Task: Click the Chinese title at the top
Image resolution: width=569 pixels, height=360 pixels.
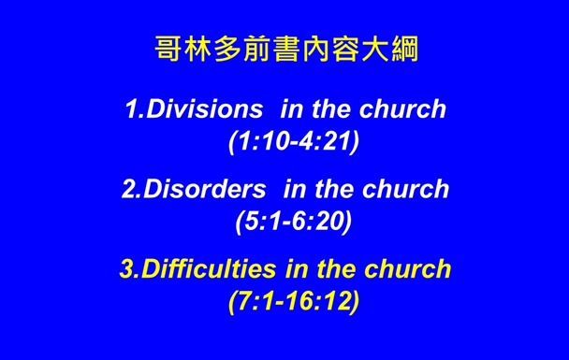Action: pos(284,49)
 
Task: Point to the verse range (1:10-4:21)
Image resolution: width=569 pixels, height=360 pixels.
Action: pos(293,144)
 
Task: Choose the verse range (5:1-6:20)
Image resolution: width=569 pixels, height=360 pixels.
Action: pos(293,223)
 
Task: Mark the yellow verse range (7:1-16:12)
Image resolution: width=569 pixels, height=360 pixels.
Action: pos(293,303)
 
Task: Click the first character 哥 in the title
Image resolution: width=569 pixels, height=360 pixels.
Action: pos(167,49)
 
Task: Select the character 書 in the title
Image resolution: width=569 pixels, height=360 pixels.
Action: pos(284,49)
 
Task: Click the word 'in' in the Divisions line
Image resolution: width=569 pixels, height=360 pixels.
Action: pos(290,109)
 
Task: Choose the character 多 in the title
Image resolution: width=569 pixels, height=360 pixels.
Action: pos(226,49)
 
